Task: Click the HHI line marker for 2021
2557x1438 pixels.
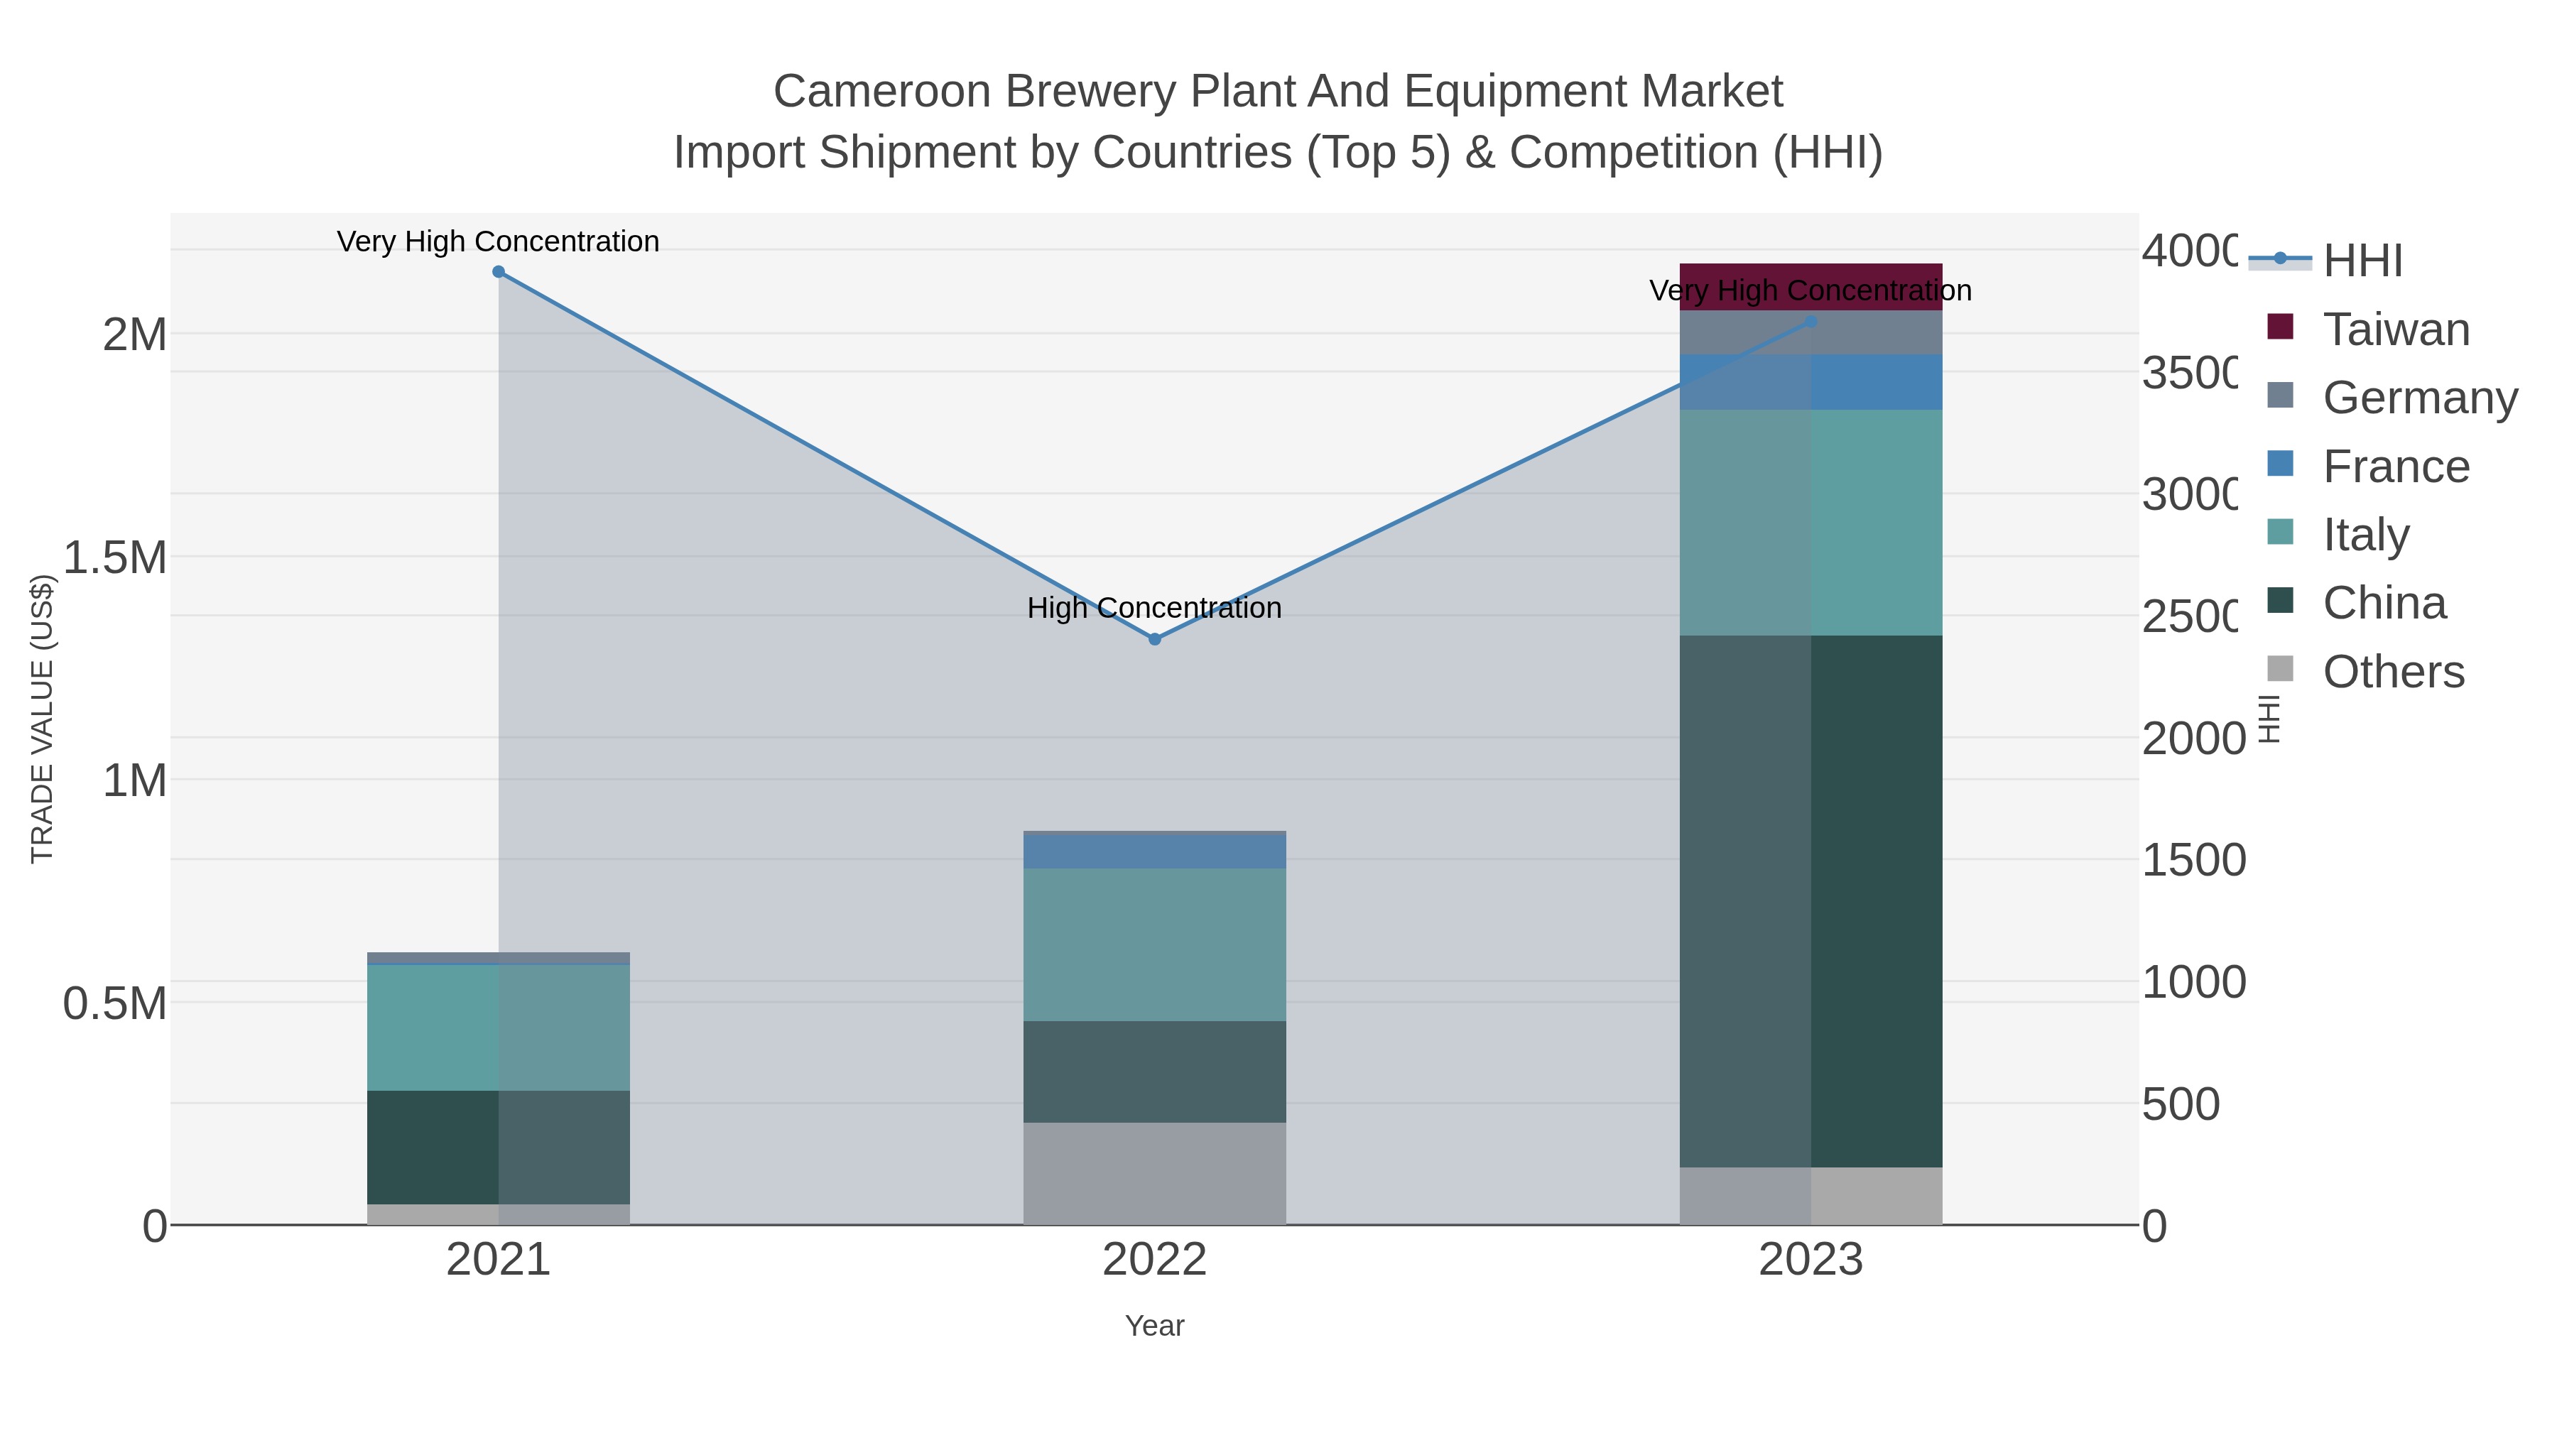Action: pyautogui.click(x=499, y=272)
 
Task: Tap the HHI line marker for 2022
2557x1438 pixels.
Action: pyautogui.click(x=1154, y=639)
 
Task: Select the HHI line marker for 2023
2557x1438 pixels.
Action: pyautogui.click(x=1810, y=322)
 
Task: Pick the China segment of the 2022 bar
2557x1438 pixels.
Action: pyautogui.click(x=1154, y=1072)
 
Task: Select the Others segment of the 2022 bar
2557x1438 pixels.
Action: pyautogui.click(x=1154, y=1173)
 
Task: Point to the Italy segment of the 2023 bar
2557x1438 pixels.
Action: pyautogui.click(x=1810, y=522)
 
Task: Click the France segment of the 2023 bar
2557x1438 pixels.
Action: pyautogui.click(x=1810, y=382)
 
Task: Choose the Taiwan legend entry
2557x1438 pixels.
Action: pyautogui.click(x=2395, y=329)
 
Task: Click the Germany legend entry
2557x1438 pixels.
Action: pyautogui.click(x=2419, y=398)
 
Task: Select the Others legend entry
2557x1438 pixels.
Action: pyautogui.click(x=2392, y=672)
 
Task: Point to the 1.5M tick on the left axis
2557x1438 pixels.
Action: pyautogui.click(x=115, y=557)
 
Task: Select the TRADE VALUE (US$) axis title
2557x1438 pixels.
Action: pyautogui.click(x=42, y=719)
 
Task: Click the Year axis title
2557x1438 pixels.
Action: pyautogui.click(x=1154, y=1326)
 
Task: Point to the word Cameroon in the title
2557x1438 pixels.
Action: pyautogui.click(x=882, y=92)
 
